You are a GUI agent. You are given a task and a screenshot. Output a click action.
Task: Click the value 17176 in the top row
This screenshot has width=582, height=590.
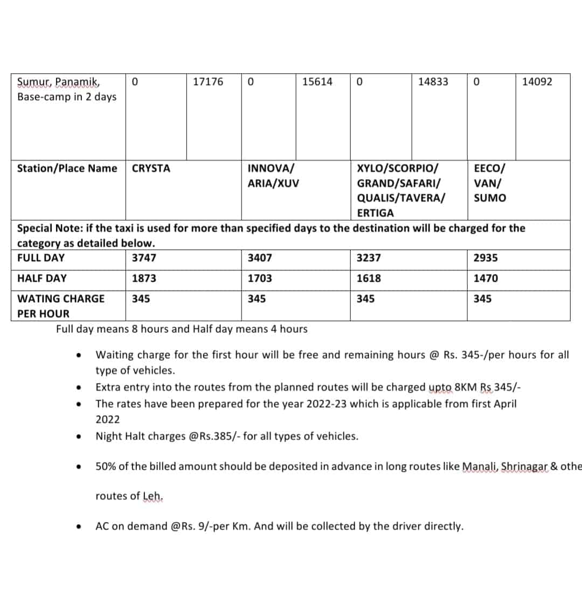pyautogui.click(x=207, y=82)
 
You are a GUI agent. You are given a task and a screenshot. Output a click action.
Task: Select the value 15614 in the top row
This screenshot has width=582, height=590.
pyautogui.click(x=317, y=82)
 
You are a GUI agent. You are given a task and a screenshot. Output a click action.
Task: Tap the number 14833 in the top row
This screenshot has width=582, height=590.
pyautogui.click(x=433, y=82)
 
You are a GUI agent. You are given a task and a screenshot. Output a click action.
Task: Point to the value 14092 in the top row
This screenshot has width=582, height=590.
pyautogui.click(x=537, y=82)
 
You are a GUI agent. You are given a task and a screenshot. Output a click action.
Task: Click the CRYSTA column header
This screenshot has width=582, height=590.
pyautogui.click(x=151, y=169)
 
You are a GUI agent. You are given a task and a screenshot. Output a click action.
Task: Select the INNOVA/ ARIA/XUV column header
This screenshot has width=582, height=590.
pyautogui.click(x=273, y=176)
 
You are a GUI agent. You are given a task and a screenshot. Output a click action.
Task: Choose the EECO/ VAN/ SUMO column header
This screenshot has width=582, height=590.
pyautogui.click(x=490, y=183)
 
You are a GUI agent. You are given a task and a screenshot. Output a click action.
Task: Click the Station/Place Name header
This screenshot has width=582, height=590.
pyautogui.click(x=67, y=169)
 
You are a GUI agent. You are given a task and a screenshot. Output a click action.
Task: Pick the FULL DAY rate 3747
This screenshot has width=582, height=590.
pyautogui.click(x=144, y=258)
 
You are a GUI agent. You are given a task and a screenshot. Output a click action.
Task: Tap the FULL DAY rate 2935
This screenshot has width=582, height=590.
pyautogui.click(x=486, y=258)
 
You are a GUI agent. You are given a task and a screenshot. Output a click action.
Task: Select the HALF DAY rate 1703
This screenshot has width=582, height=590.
pyautogui.click(x=260, y=279)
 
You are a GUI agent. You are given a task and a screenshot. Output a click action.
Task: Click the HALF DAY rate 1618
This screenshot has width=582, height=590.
pyautogui.click(x=369, y=279)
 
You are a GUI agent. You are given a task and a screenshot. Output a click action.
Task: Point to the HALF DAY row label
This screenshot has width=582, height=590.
pyautogui.click(x=42, y=279)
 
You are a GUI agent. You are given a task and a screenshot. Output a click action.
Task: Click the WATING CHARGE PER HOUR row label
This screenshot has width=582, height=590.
pyautogui.click(x=61, y=306)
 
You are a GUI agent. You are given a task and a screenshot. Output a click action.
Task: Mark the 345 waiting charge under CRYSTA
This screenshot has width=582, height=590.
pyautogui.click(x=141, y=299)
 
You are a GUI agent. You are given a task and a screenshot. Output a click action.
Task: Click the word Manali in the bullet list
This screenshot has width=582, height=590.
pyautogui.click(x=480, y=467)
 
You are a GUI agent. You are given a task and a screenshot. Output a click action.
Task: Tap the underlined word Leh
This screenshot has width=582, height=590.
pyautogui.click(x=153, y=496)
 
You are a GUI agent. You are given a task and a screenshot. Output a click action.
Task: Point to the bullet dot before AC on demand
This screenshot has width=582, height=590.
pyautogui.click(x=79, y=527)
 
